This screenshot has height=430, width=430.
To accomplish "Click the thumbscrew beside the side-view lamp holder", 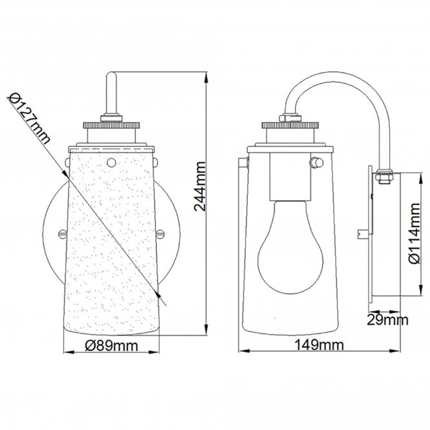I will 316,162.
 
